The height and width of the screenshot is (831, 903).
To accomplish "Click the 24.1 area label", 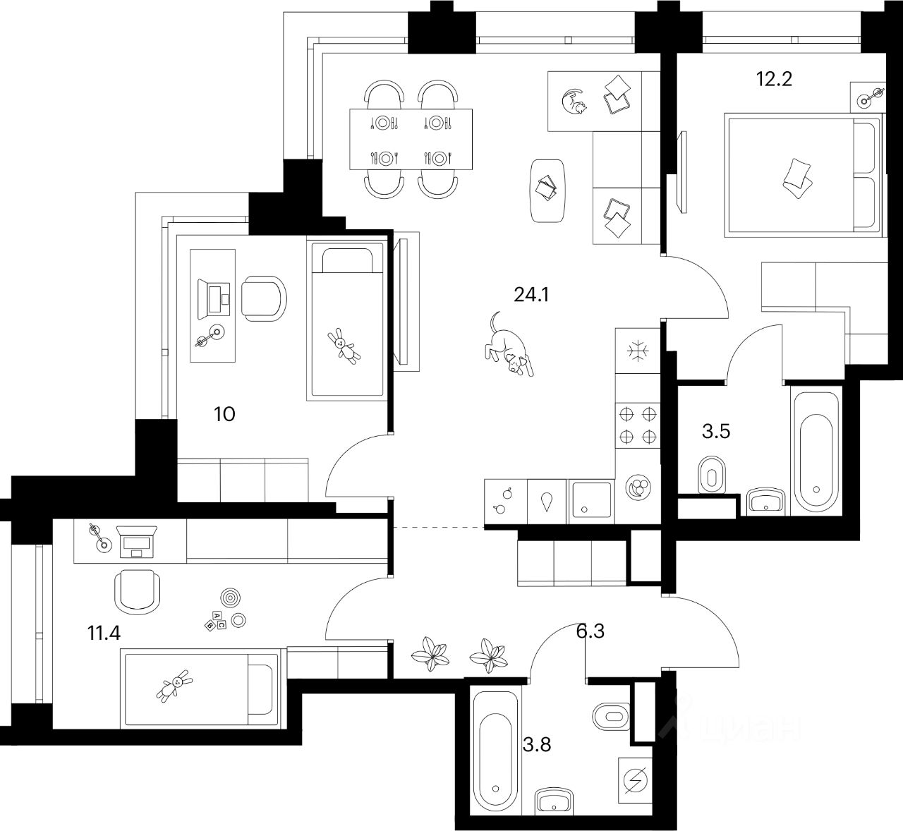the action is click(x=531, y=295).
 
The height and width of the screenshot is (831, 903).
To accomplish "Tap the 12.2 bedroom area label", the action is click(x=774, y=79).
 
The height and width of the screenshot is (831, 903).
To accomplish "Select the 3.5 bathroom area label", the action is click(x=715, y=432).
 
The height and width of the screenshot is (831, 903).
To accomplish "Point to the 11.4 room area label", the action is click(x=104, y=633).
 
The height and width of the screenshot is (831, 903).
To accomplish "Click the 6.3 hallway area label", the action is click(x=590, y=631).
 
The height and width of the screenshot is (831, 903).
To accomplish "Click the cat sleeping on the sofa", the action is click(x=573, y=102).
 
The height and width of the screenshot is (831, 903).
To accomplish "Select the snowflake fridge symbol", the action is click(x=638, y=352).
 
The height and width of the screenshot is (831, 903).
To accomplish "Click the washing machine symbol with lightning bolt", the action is click(x=636, y=780).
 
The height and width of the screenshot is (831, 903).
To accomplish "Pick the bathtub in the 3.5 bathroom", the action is click(x=816, y=451).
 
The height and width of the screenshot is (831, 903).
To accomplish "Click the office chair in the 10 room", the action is click(x=264, y=297).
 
